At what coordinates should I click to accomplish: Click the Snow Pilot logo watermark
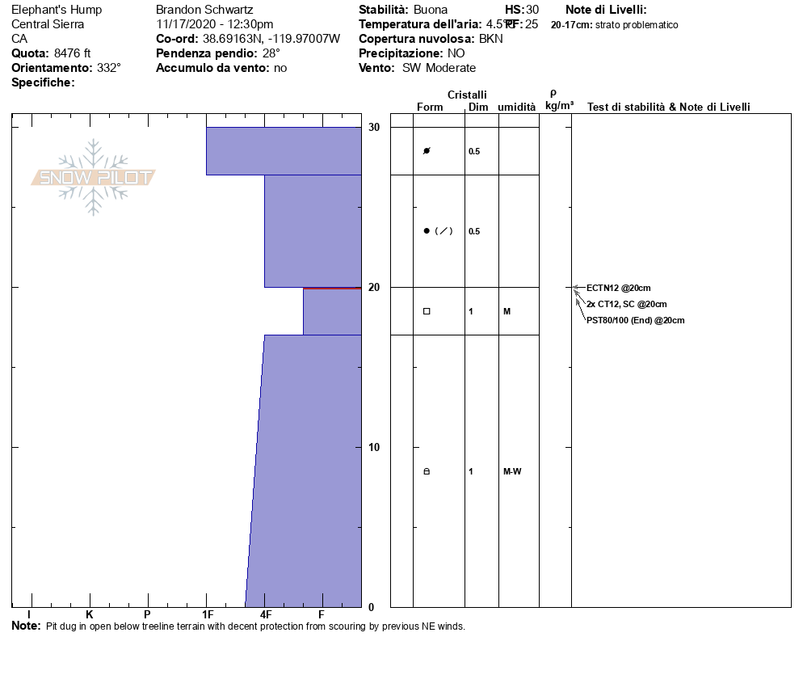(x=94, y=177)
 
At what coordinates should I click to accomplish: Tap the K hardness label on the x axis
(x=90, y=614)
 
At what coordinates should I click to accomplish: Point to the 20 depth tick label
(x=374, y=287)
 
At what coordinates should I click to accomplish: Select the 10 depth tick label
(x=374, y=447)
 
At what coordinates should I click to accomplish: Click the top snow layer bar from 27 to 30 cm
(x=284, y=150)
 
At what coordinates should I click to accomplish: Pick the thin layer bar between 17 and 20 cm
(x=332, y=311)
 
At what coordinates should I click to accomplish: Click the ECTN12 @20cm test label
(x=618, y=288)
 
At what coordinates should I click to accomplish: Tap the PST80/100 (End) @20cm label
(x=635, y=321)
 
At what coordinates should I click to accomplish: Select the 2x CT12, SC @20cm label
(x=626, y=305)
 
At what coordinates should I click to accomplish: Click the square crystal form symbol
(x=427, y=311)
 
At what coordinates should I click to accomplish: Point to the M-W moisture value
(x=512, y=471)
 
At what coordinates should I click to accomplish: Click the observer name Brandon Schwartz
(x=204, y=10)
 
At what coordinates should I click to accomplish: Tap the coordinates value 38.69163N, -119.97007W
(x=271, y=39)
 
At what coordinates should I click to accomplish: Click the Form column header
(x=430, y=108)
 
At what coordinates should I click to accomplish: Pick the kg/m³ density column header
(x=559, y=106)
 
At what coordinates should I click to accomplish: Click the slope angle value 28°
(x=271, y=53)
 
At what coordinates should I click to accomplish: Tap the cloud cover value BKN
(x=490, y=39)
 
